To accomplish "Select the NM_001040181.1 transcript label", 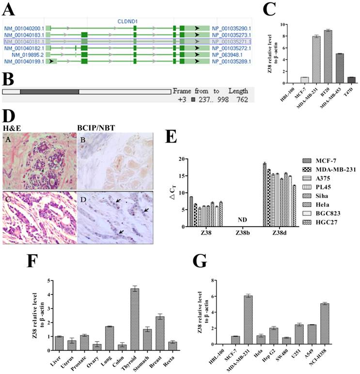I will click(24, 42).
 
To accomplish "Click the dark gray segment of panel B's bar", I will click(49, 91).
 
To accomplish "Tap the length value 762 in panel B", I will click(241, 99).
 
